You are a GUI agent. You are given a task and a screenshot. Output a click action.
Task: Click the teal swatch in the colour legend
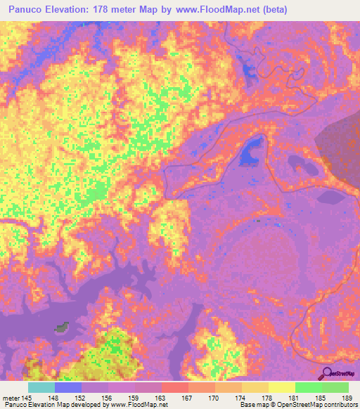point(41,387)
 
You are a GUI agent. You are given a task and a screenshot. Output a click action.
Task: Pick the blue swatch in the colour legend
point(68,387)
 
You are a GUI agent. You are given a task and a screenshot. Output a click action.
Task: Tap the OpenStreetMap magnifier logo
point(328,373)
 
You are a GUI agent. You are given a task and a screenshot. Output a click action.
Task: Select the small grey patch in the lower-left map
point(64,327)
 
